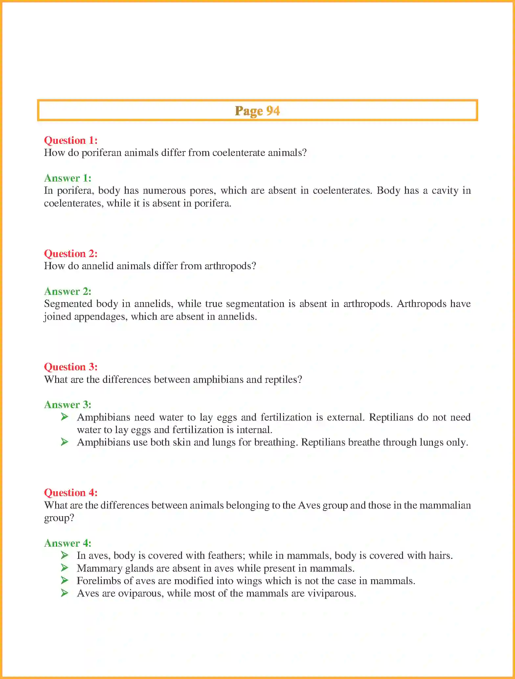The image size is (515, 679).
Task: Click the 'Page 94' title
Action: pyautogui.click(x=257, y=111)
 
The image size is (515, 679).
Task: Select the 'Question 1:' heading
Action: pyautogui.click(x=71, y=140)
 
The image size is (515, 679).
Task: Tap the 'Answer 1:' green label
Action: pyautogui.click(x=68, y=178)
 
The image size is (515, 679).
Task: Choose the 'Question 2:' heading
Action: pyautogui.click(x=71, y=253)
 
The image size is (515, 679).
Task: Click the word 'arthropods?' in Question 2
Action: pyautogui.click(x=230, y=266)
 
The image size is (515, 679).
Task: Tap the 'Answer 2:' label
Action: pyautogui.click(x=68, y=291)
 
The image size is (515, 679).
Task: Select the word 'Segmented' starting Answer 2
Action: pyautogui.click(x=68, y=304)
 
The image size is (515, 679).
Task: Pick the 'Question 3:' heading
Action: pyautogui.click(x=71, y=367)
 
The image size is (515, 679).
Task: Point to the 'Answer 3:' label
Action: pyautogui.click(x=68, y=405)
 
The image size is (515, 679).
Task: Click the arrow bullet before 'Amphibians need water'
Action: pyautogui.click(x=64, y=417)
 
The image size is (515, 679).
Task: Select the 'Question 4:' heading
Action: pyautogui.click(x=71, y=493)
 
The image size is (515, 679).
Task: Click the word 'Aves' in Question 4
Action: pyautogui.click(x=309, y=505)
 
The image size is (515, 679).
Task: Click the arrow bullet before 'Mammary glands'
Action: pyautogui.click(x=64, y=568)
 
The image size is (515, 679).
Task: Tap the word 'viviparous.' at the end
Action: pyautogui.click(x=331, y=594)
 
